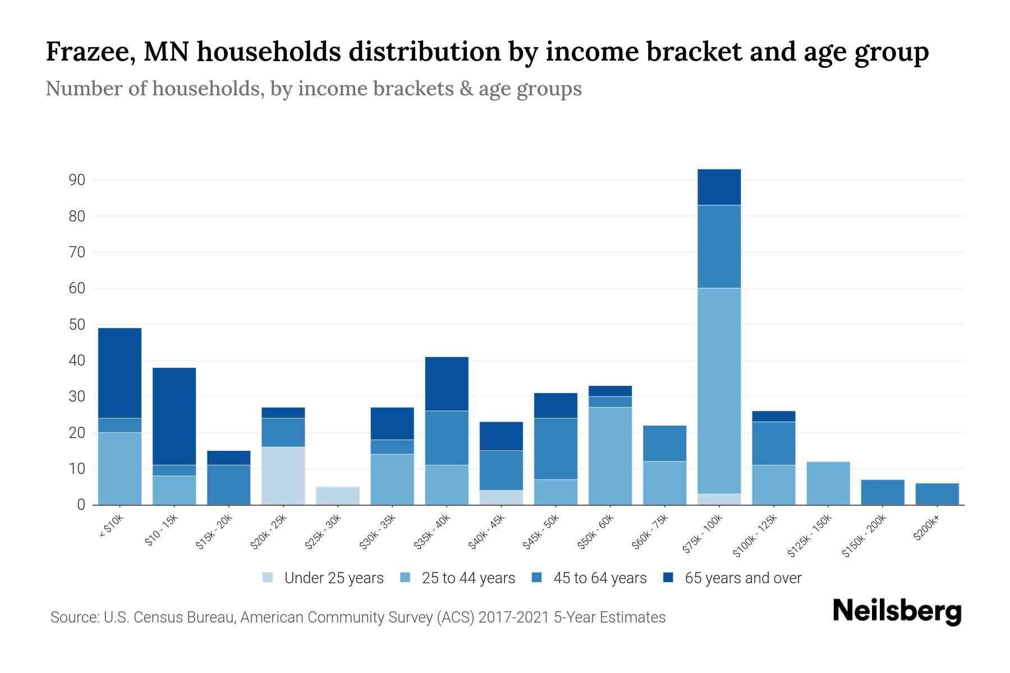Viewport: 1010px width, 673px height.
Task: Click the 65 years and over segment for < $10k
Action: click(x=120, y=373)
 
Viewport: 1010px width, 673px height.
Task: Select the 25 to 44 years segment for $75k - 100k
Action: click(x=719, y=391)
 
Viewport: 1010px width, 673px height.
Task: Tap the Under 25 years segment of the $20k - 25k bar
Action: click(x=283, y=476)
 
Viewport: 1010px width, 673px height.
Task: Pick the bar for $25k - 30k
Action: click(x=338, y=496)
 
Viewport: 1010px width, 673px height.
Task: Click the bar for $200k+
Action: click(x=937, y=494)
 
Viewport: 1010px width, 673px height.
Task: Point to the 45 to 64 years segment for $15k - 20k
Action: click(x=229, y=485)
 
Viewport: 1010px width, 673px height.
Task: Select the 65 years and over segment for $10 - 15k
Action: click(x=174, y=416)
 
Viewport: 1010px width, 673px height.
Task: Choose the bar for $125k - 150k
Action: click(x=828, y=483)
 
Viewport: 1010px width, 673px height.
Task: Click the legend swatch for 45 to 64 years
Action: click(x=536, y=578)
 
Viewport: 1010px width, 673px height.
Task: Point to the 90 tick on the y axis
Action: click(x=77, y=180)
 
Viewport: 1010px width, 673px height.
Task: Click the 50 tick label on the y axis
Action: click(x=77, y=325)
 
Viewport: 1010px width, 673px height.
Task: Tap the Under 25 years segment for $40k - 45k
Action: click(x=501, y=497)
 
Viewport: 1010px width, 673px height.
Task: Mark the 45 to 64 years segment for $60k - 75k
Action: click(x=664, y=444)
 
